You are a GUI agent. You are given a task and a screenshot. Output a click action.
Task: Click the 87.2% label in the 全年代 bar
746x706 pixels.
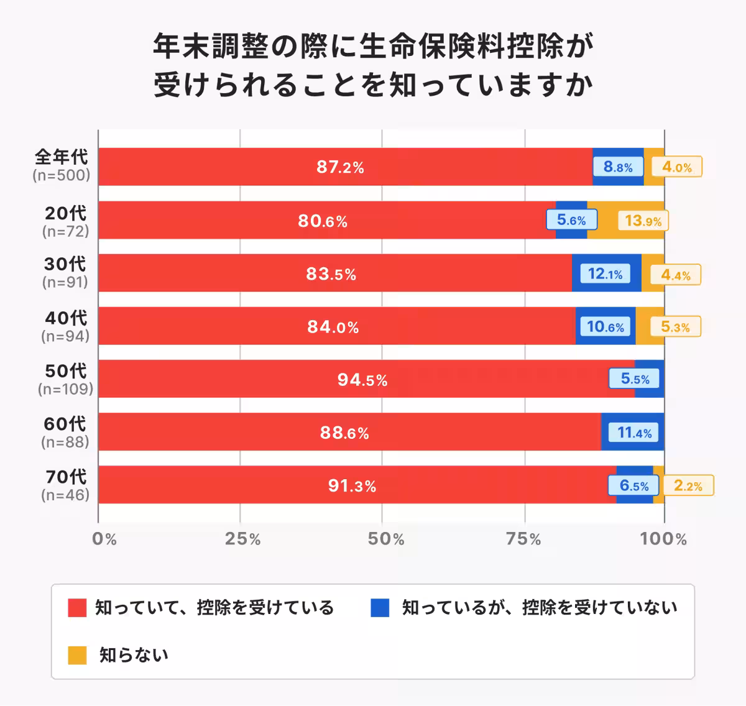tap(340, 167)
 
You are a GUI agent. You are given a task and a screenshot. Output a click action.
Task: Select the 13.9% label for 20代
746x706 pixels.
tap(643, 221)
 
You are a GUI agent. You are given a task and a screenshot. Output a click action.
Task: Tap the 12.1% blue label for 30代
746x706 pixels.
tap(605, 274)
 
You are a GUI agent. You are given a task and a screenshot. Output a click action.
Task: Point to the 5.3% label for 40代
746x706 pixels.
tap(675, 327)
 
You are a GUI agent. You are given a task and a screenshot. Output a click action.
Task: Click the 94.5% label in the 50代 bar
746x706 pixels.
tap(362, 380)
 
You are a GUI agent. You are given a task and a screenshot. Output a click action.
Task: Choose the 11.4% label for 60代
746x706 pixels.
tap(634, 433)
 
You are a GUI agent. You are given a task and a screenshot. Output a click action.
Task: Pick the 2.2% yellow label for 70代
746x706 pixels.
tap(688, 486)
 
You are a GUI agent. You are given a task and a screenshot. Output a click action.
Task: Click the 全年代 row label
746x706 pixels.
tap(62, 157)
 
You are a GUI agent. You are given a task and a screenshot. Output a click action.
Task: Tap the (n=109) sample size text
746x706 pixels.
tap(65, 390)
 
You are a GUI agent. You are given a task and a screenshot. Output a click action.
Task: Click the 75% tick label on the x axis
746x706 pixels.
tap(524, 539)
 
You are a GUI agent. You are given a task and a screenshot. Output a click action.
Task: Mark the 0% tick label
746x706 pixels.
tap(104, 539)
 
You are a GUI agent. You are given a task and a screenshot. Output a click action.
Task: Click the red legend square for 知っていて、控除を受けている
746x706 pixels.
tap(77, 608)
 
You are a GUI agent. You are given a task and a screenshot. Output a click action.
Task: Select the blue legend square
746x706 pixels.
tap(380, 608)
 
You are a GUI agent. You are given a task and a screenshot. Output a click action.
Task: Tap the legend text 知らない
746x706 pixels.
tap(134, 655)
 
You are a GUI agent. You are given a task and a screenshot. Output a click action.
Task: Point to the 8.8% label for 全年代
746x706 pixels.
tap(618, 167)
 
